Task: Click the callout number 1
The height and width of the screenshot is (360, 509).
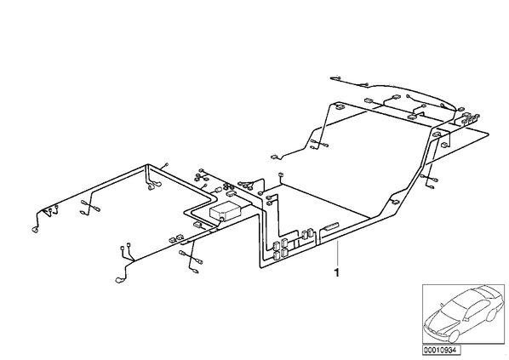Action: click(x=337, y=272)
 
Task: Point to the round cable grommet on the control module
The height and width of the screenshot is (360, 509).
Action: click(x=221, y=220)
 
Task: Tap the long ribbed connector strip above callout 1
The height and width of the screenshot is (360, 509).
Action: click(x=330, y=226)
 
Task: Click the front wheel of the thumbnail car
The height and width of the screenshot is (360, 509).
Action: click(x=453, y=335)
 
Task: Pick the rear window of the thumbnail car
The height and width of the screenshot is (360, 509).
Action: click(x=484, y=291)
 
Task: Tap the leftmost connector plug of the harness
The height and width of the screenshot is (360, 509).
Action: click(x=34, y=230)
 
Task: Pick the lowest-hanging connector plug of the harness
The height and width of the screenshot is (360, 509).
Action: click(x=119, y=279)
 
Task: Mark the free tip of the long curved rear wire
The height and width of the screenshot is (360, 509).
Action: click(x=331, y=78)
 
